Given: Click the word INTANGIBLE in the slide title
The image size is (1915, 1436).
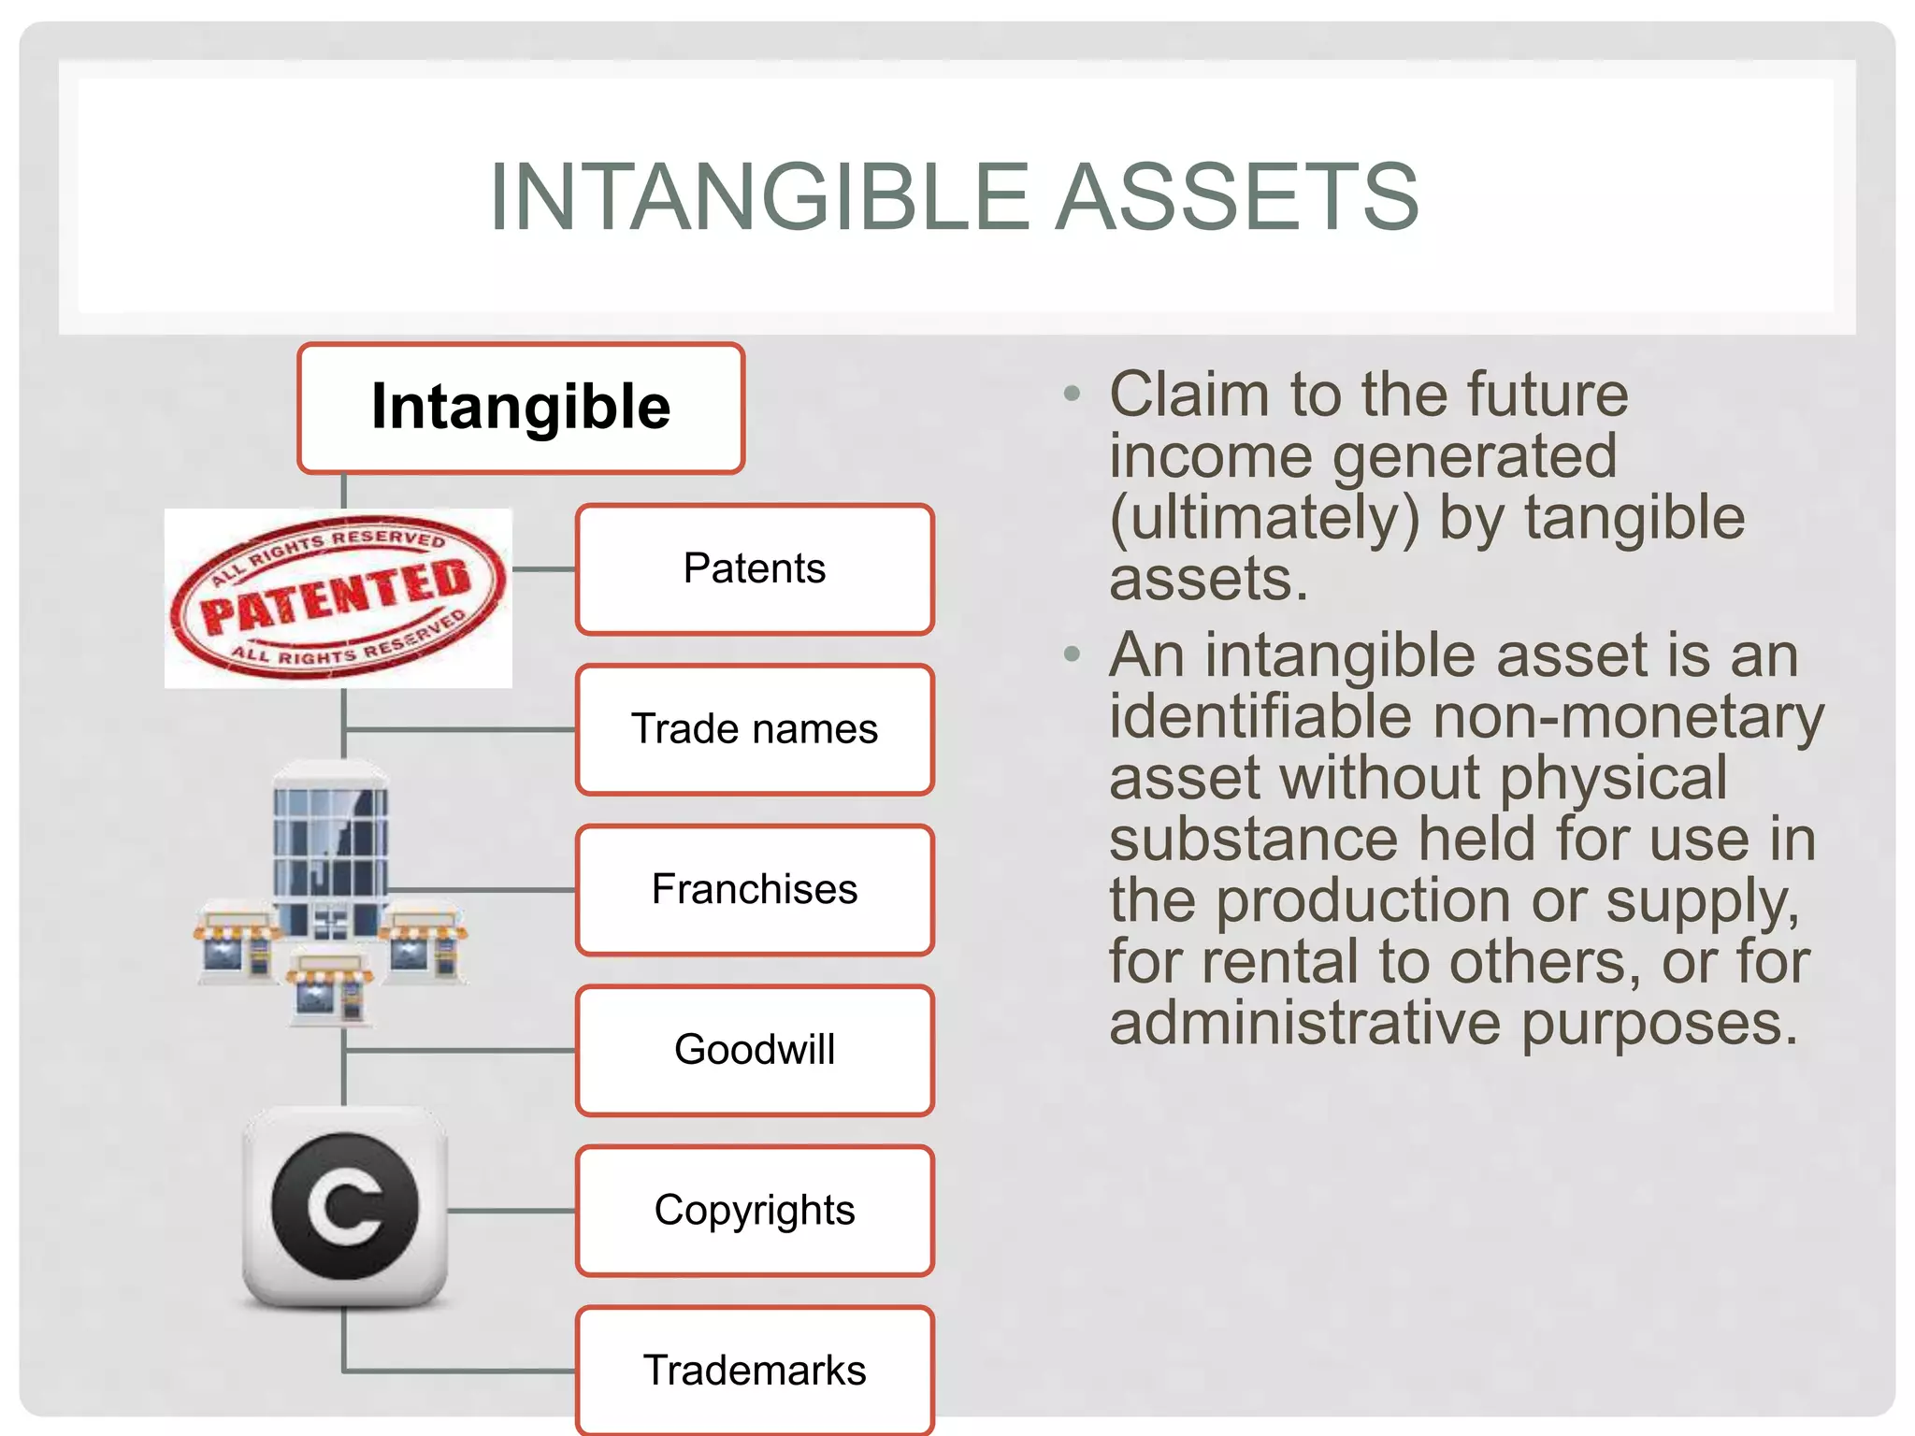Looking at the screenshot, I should tap(758, 197).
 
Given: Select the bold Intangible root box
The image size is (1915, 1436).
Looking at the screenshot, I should tap(521, 409).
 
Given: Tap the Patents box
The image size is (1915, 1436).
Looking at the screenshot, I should tap(755, 569).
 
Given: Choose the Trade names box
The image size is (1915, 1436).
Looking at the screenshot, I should tap(755, 729).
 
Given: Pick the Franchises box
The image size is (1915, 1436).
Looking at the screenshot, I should tap(755, 889).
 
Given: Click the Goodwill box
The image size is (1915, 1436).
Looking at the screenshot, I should tap(755, 1050).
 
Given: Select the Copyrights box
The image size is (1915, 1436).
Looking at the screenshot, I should tap(755, 1211).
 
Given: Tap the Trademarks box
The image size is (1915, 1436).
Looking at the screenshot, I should tap(755, 1371).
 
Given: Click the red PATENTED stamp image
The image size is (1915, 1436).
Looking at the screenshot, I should tap(338, 598).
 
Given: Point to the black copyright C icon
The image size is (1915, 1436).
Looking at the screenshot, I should tap(345, 1206).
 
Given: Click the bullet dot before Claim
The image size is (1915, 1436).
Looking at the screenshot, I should tap(1072, 394).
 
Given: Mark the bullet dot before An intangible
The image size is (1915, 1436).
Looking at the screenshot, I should tap(1072, 653).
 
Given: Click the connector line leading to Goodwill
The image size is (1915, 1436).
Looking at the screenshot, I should tap(458, 1051).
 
